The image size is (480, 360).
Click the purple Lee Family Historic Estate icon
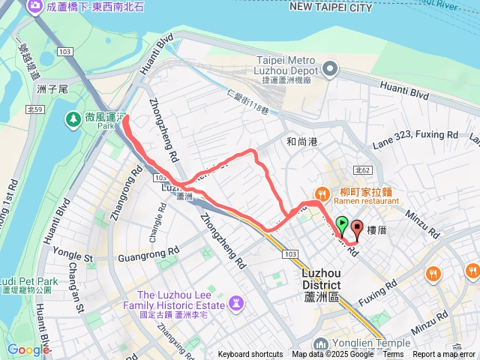[237, 304]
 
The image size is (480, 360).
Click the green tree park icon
[73, 118]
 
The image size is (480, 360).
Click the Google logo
[28, 349]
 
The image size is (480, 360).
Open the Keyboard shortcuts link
[250, 355]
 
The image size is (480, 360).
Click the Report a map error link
[445, 355]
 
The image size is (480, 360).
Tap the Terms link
[393, 355]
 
